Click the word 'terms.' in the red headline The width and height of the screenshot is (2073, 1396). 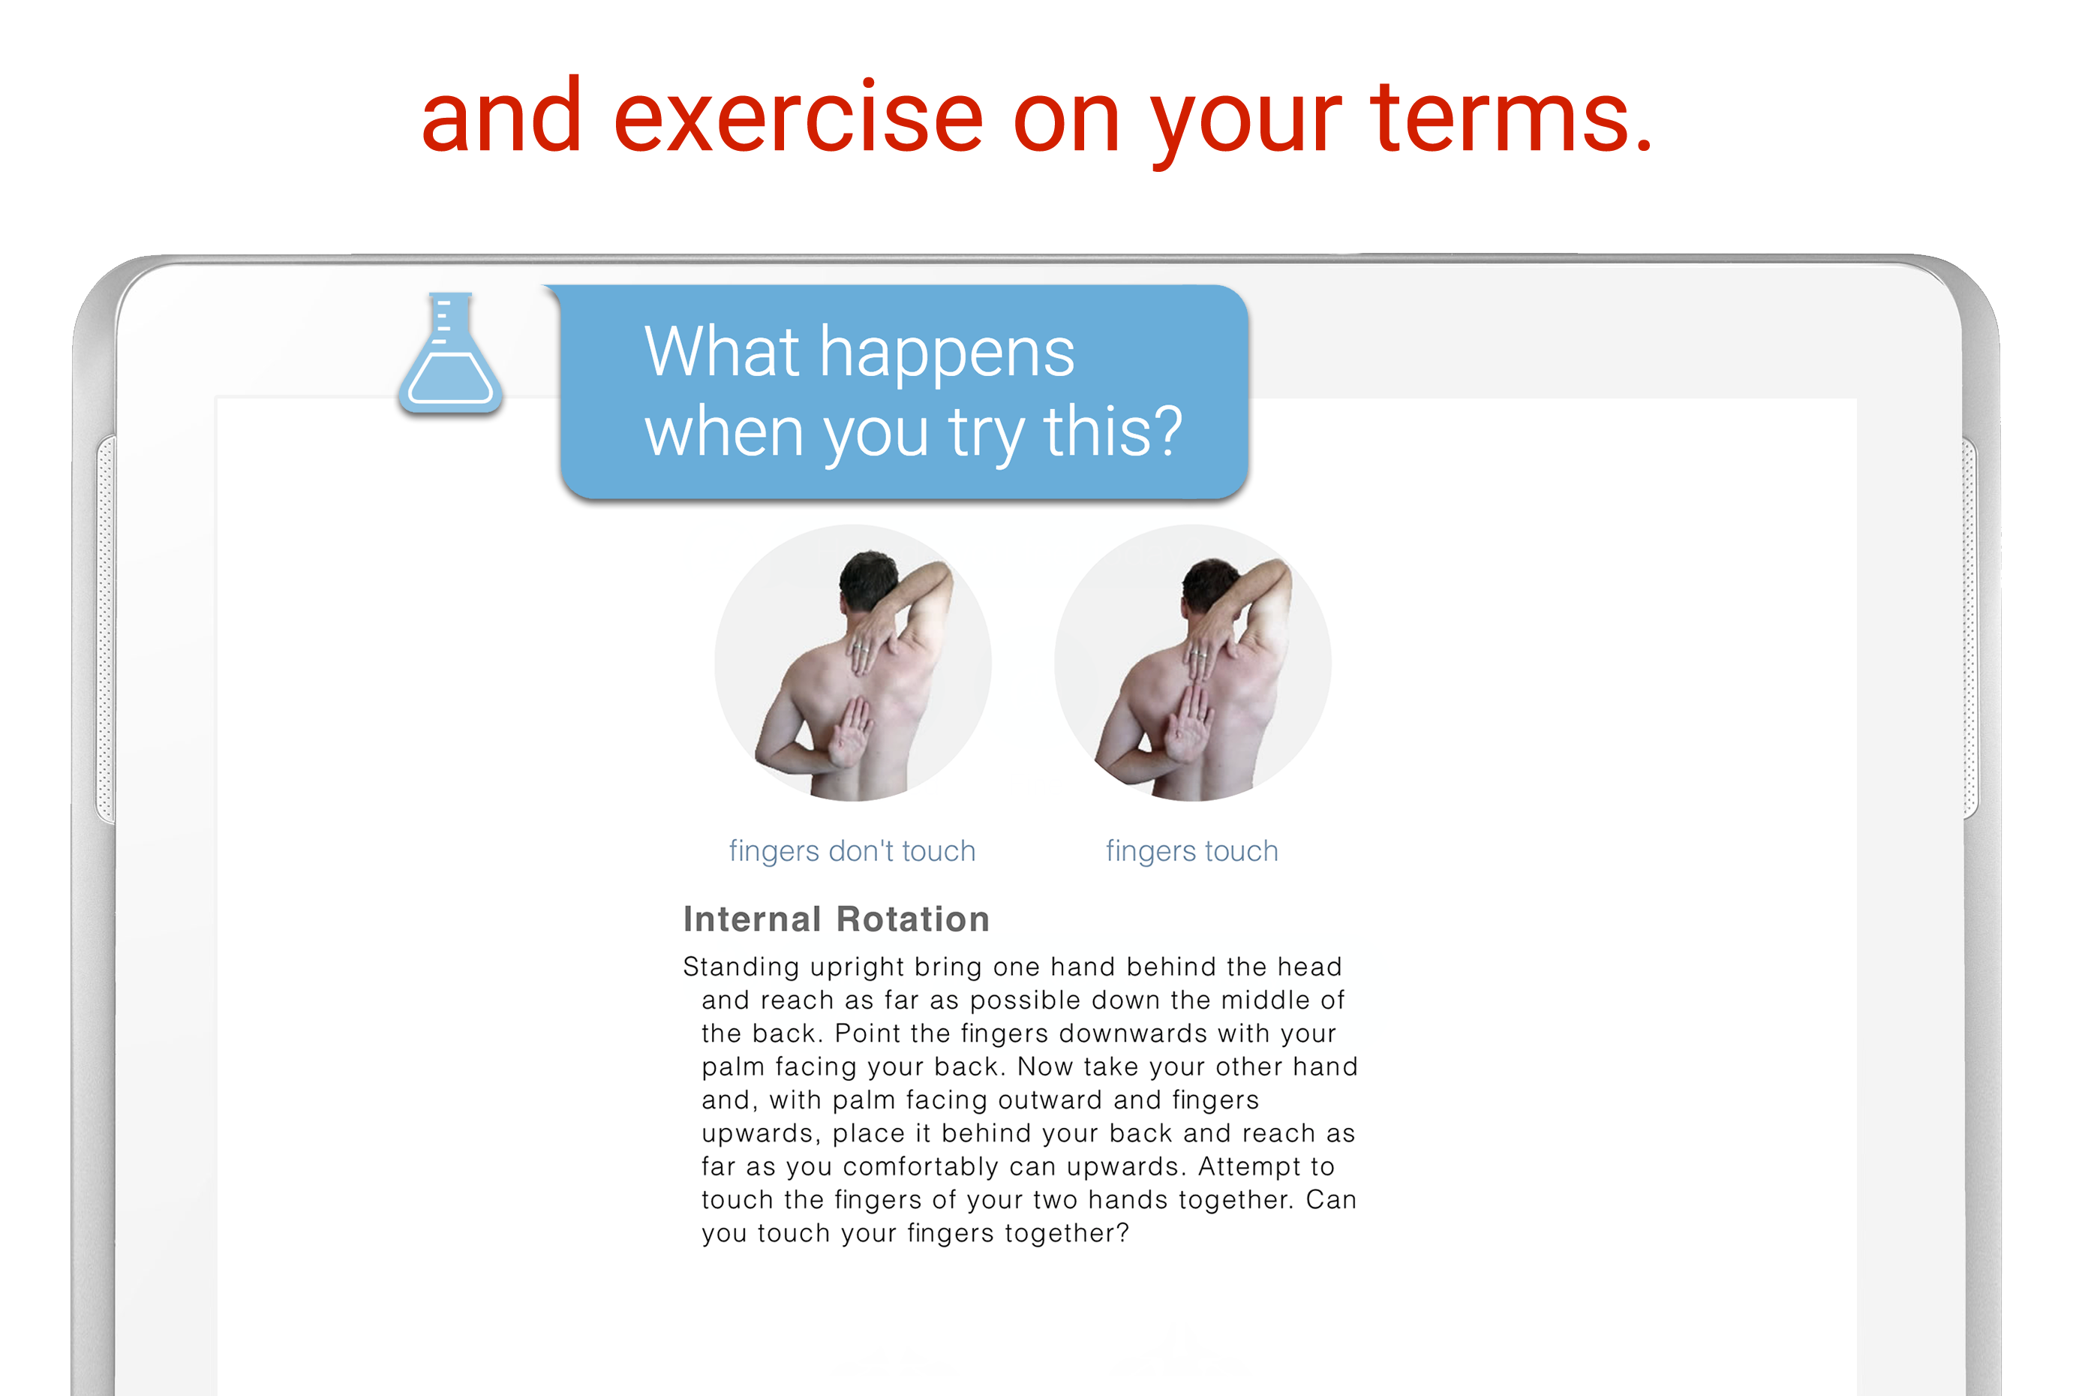pos(1510,116)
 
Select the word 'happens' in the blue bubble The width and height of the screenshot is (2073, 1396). pos(947,354)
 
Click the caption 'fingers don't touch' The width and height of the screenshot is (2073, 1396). pos(852,851)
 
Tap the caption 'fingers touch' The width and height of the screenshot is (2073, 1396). pos(1192,851)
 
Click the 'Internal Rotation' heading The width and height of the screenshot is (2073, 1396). pos(836,919)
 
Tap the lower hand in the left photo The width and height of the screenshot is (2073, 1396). pos(851,733)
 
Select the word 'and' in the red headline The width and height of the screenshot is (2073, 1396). pos(502,116)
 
